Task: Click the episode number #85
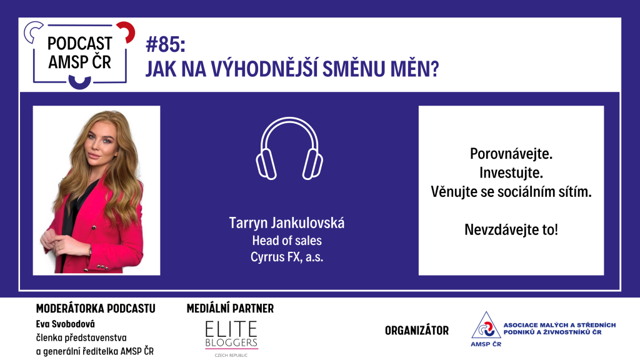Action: pos(165,44)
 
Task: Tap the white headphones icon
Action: pos(289,149)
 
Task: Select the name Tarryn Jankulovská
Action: pos(286,223)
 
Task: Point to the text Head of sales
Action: pos(286,241)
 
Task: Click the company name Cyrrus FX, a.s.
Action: pos(286,257)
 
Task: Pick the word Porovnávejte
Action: pos(511,154)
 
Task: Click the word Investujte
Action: pos(511,172)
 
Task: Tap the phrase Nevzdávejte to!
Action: pos(511,229)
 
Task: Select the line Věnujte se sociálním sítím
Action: pos(511,191)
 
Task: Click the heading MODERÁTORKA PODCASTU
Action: pos(96,309)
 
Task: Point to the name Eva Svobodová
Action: pos(65,324)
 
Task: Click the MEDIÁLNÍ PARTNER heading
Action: pos(230,309)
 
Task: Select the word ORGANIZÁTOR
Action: pos(417,330)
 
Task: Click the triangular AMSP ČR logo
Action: pos(486,329)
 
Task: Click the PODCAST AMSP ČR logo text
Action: pos(79,52)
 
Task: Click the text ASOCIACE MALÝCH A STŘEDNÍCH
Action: pos(559,325)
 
